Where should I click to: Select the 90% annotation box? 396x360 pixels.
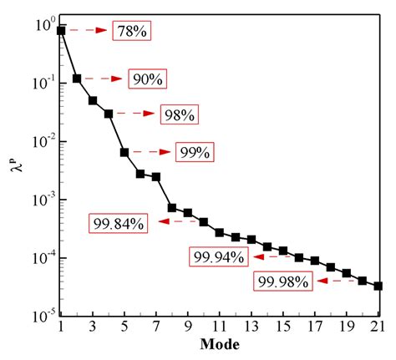click(149, 79)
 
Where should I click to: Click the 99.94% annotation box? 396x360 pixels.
click(218, 256)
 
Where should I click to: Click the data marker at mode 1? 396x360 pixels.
click(61, 31)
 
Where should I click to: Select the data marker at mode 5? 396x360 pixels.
click(124, 152)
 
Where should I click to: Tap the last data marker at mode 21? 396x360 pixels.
click(378, 286)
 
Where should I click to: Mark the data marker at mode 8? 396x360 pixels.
click(172, 207)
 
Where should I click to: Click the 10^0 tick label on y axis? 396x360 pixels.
click(43, 26)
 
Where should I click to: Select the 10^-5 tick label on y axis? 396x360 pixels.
click(42, 316)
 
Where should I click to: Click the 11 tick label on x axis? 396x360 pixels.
click(219, 327)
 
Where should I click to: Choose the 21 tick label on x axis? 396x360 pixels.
click(378, 327)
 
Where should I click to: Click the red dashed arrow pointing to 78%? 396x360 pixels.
click(87, 31)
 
